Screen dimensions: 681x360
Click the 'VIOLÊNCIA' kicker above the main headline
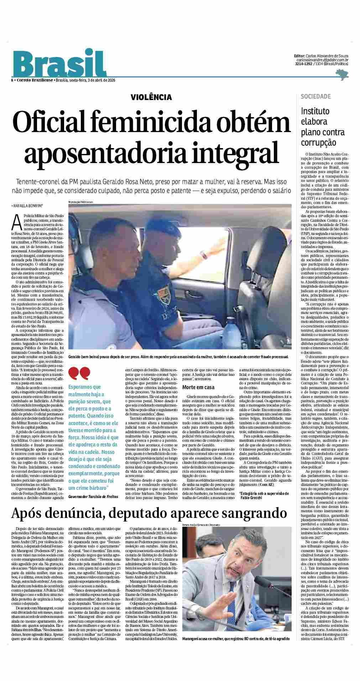point(151,97)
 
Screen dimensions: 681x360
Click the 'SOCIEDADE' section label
point(315,96)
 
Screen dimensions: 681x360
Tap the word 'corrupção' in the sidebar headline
point(318,143)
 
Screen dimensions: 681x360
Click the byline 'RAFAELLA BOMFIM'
point(28,206)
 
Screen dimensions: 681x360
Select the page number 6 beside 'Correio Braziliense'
point(12,80)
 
